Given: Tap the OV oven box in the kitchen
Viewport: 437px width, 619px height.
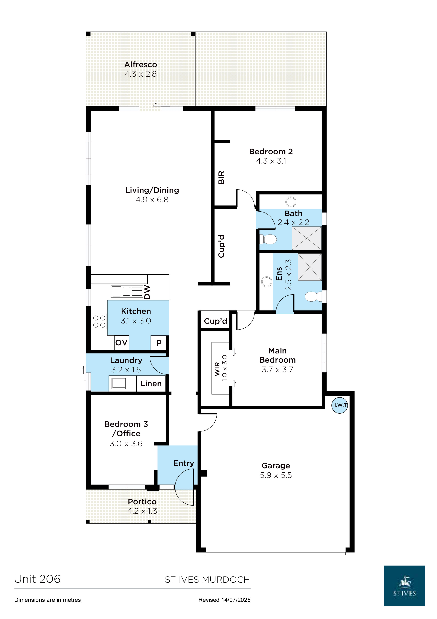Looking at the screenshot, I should pos(121,343).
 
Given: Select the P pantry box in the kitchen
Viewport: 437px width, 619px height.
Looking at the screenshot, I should pos(159,343).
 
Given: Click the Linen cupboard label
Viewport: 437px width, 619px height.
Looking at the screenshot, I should pos(151,383).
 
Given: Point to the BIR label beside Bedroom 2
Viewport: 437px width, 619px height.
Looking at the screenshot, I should pos(221,177).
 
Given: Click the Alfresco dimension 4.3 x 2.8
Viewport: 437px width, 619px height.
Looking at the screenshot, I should pos(141,74).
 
